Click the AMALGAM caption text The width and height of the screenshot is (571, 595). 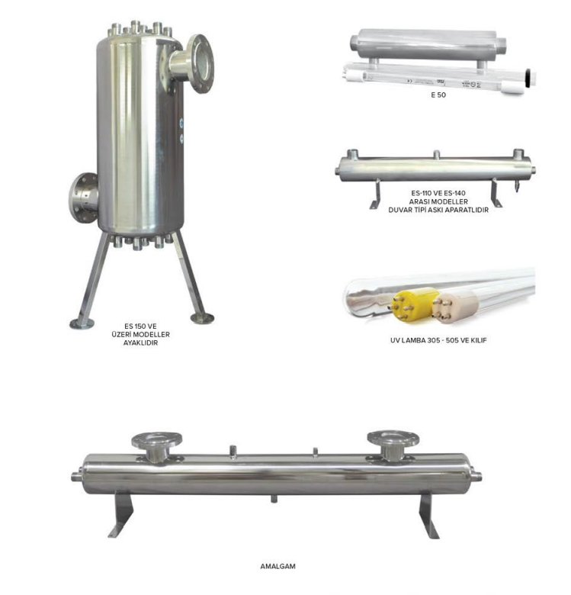(x=277, y=566)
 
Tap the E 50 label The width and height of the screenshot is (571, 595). (x=438, y=95)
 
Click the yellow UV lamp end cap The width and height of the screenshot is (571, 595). (x=412, y=304)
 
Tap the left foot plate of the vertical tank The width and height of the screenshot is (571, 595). (x=82, y=323)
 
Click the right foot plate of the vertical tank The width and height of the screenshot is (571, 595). (x=202, y=318)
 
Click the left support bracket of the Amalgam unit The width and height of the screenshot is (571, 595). (x=121, y=515)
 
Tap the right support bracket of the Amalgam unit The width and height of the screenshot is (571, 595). (x=428, y=515)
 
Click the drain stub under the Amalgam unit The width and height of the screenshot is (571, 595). (x=274, y=499)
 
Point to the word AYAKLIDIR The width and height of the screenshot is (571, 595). (x=140, y=343)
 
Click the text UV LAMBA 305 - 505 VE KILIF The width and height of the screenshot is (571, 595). (x=438, y=340)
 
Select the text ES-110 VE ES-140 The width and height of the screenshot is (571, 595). (x=438, y=193)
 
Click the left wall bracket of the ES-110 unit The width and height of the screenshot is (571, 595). (x=376, y=195)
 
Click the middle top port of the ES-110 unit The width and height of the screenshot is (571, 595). (x=437, y=154)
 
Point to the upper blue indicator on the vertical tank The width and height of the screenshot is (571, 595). (x=181, y=123)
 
